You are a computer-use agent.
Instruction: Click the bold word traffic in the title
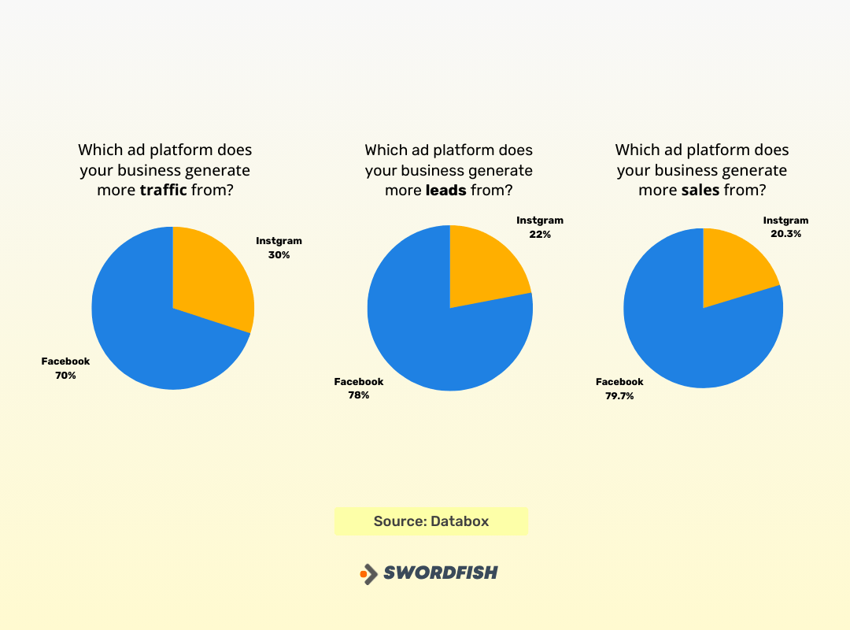tap(164, 191)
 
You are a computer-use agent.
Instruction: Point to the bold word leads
tap(445, 191)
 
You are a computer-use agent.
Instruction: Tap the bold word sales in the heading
tap(700, 191)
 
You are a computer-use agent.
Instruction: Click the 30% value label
tap(279, 255)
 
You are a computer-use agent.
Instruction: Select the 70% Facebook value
tap(65, 376)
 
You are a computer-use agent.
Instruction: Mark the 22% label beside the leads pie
tap(540, 235)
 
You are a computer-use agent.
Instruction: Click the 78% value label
tap(359, 395)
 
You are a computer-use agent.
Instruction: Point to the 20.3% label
tap(785, 234)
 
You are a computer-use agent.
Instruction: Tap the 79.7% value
tap(619, 396)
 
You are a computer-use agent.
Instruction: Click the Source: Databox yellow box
tap(431, 521)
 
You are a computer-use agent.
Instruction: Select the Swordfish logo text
tap(440, 573)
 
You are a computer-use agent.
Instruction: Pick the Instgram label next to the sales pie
tap(785, 220)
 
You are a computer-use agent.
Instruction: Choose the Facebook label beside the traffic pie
tap(65, 361)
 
